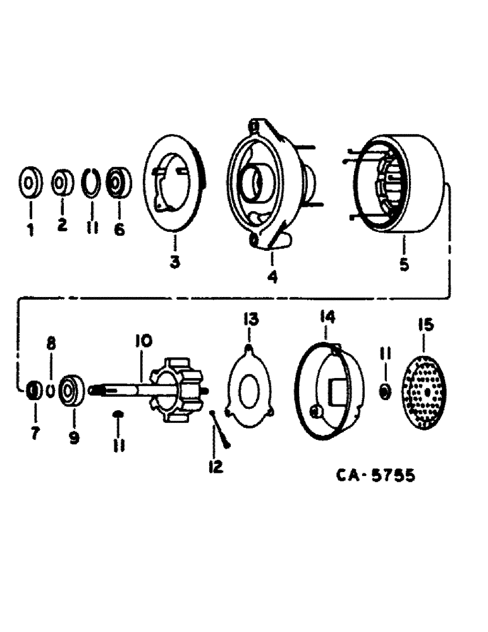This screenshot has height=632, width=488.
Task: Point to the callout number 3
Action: pyautogui.click(x=174, y=261)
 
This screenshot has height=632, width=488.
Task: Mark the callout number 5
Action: pyautogui.click(x=403, y=264)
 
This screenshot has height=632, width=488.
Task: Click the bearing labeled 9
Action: pyautogui.click(x=72, y=392)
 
